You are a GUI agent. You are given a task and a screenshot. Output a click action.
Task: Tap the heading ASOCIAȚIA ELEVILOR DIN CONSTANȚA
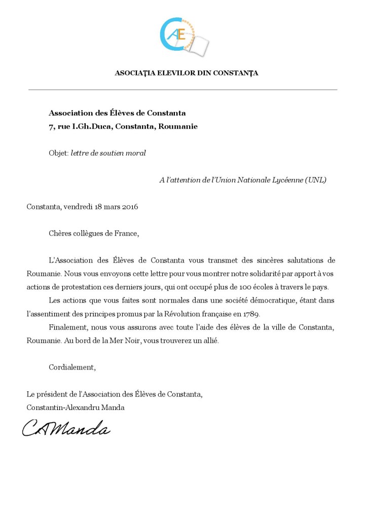[x=187, y=73]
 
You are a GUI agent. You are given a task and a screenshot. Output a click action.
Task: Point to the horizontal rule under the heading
[x=182, y=90]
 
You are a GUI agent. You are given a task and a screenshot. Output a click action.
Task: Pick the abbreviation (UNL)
[x=316, y=180]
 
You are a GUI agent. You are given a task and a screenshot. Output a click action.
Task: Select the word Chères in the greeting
[x=60, y=234]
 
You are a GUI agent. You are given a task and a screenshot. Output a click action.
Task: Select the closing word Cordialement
[x=71, y=367]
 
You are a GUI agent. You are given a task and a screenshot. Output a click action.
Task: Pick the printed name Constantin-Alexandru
[x=61, y=407]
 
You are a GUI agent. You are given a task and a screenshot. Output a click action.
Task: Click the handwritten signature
[x=66, y=429]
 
